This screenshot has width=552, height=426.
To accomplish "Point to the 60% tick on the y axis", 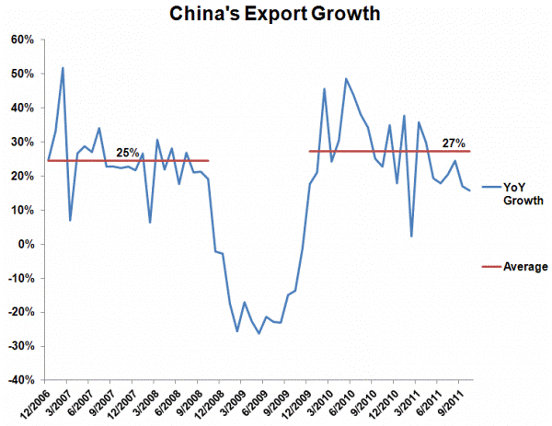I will (x=21, y=40).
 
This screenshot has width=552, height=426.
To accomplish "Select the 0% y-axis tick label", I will (x=25, y=244).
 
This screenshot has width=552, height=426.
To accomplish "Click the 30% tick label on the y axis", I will (x=21, y=142).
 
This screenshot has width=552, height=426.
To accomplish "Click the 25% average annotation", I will (x=128, y=152).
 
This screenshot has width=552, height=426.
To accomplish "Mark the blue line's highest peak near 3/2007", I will (x=63, y=67).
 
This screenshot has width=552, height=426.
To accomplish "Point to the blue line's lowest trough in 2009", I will (x=259, y=333).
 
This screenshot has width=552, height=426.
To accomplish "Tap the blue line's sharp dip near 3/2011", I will (x=411, y=236).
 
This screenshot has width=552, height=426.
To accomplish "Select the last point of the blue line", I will (x=471, y=190).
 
